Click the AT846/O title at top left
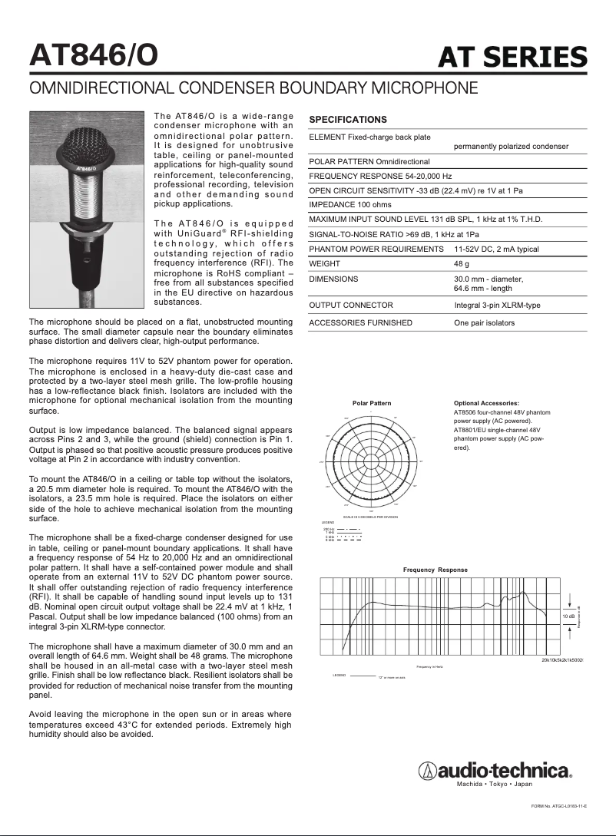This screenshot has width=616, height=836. click(94, 54)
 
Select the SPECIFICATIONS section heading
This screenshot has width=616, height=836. click(347, 120)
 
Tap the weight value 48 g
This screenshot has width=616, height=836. click(462, 263)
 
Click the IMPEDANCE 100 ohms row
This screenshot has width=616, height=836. click(349, 205)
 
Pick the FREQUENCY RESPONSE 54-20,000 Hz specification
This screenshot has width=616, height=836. click(379, 176)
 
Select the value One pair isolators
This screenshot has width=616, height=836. click(484, 323)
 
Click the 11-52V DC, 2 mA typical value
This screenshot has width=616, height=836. click(496, 249)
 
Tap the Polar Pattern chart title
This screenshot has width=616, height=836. click(371, 403)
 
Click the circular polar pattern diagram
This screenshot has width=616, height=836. click(371, 461)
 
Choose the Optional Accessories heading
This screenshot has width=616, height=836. click(486, 403)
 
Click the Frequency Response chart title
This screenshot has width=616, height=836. click(435, 570)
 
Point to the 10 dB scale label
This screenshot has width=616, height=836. click(568, 616)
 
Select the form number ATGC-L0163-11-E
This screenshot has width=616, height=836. click(558, 806)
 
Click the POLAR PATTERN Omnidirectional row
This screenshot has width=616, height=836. click(369, 162)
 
